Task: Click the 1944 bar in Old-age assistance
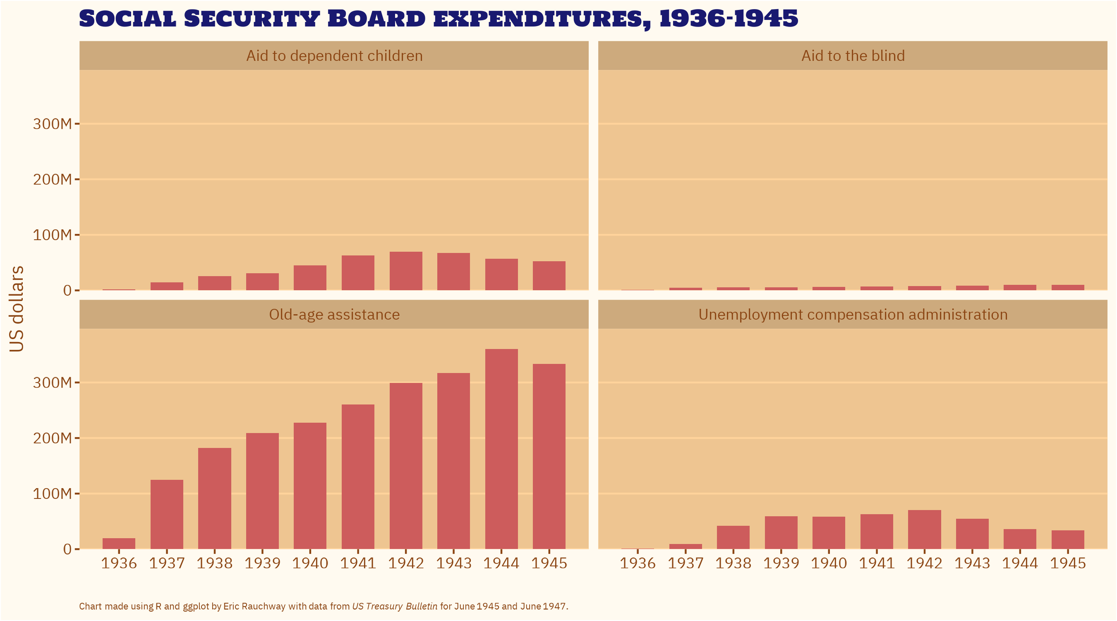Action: [501, 449]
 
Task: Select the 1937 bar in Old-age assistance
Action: [167, 514]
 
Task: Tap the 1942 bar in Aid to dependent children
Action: [406, 271]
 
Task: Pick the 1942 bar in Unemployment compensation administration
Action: [925, 530]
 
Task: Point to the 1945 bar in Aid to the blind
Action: [1068, 287]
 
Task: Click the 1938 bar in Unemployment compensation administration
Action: [733, 537]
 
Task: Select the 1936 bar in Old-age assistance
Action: [119, 543]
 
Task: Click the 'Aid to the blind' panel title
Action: [853, 56]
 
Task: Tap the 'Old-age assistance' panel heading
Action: [334, 315]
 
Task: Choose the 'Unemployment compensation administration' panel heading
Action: [853, 315]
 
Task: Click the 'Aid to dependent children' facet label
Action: [334, 56]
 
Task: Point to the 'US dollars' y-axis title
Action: [17, 309]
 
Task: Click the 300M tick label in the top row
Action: [52, 124]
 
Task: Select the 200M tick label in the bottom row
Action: [52, 438]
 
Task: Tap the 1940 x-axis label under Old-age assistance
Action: [310, 563]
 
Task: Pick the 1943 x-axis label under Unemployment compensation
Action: [972, 563]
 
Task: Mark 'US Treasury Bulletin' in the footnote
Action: [395, 606]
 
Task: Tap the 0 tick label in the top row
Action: [67, 290]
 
